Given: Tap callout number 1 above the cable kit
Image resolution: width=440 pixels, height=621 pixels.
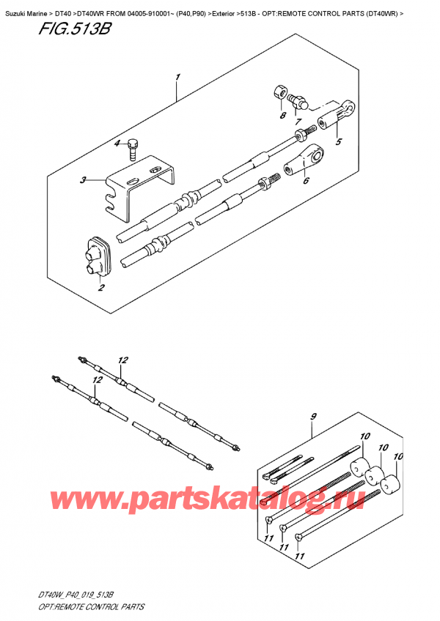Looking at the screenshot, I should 177,78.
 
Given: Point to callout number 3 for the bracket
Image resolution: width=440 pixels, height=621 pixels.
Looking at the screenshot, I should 115,143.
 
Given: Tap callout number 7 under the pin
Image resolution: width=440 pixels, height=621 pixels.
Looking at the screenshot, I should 280,116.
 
